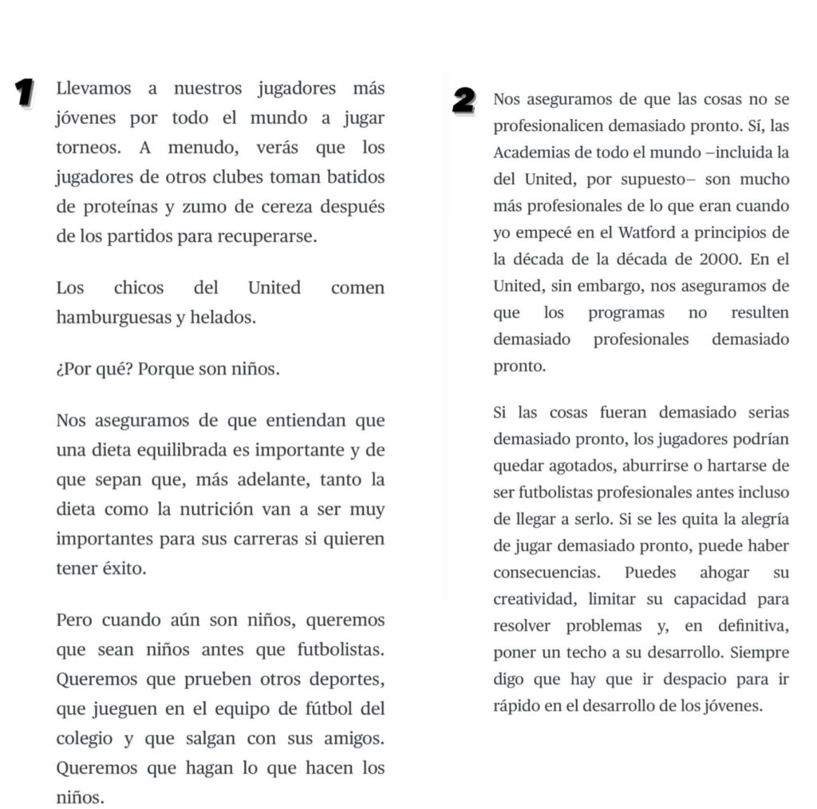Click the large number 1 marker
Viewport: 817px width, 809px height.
click(x=26, y=92)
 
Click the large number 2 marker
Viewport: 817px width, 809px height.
click(x=464, y=101)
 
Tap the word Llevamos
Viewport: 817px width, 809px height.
click(x=93, y=89)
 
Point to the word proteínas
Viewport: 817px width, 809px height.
click(x=120, y=207)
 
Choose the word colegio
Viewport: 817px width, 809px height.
click(x=84, y=739)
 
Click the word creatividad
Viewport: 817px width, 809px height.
click(x=535, y=599)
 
